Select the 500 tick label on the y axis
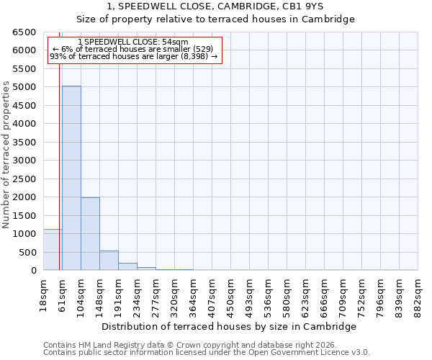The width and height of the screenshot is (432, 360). (x=27, y=252)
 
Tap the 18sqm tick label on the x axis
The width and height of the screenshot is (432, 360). (x=44, y=292)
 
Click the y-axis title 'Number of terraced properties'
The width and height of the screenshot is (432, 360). (x=6, y=155)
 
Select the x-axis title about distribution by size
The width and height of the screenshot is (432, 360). (x=229, y=326)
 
